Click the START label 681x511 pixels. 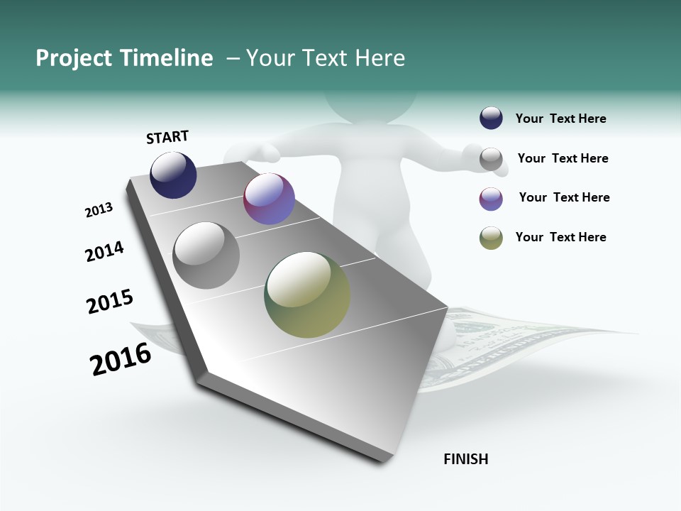[x=167, y=137]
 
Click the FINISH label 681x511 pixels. [x=465, y=459]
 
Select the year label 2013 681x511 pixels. [x=99, y=210]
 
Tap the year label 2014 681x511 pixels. [x=104, y=251]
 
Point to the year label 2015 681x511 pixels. [x=110, y=301]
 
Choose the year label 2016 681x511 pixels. [x=121, y=359]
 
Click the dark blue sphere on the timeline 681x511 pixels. [x=173, y=175]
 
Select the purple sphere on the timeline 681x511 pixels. [x=269, y=199]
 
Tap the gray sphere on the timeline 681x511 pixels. [x=206, y=255]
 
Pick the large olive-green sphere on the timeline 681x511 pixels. [x=307, y=295]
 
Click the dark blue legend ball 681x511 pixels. [x=491, y=118]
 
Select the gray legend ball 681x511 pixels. [x=491, y=159]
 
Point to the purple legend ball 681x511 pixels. [x=491, y=199]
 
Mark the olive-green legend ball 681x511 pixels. [x=491, y=238]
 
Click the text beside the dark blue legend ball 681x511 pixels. [x=560, y=119]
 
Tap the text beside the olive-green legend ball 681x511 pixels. [x=560, y=237]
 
